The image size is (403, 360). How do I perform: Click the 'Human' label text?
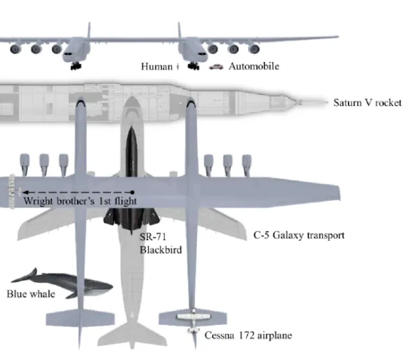pyautogui.click(x=156, y=67)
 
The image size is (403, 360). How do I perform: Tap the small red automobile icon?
pyautogui.click(x=216, y=67)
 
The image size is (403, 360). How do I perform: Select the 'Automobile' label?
pyautogui.click(x=254, y=66)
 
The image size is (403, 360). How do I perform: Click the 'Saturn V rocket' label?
pyautogui.click(x=368, y=103)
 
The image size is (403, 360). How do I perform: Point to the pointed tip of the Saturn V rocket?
pyautogui.click(x=327, y=103)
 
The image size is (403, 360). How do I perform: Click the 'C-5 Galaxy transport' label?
pyautogui.click(x=299, y=235)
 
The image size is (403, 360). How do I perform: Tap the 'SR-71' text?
pyautogui.click(x=153, y=237)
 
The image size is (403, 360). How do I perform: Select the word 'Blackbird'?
pyautogui.click(x=161, y=250)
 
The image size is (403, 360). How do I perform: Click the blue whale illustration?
pyautogui.click(x=63, y=283)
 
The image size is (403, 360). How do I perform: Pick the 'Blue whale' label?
pyautogui.click(x=31, y=294)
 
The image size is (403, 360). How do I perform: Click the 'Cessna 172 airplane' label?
pyautogui.click(x=248, y=335)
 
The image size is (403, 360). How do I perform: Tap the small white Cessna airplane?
pyautogui.click(x=194, y=319)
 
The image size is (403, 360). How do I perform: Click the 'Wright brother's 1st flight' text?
pyautogui.click(x=80, y=201)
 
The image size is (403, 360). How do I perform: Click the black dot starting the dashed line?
pyautogui.click(x=132, y=192)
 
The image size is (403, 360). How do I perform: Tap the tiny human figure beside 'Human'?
pyautogui.click(x=177, y=67)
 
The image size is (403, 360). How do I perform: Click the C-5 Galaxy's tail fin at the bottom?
pyautogui.click(x=132, y=334)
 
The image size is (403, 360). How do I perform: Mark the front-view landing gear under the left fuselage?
pyautogui.click(x=76, y=66)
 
